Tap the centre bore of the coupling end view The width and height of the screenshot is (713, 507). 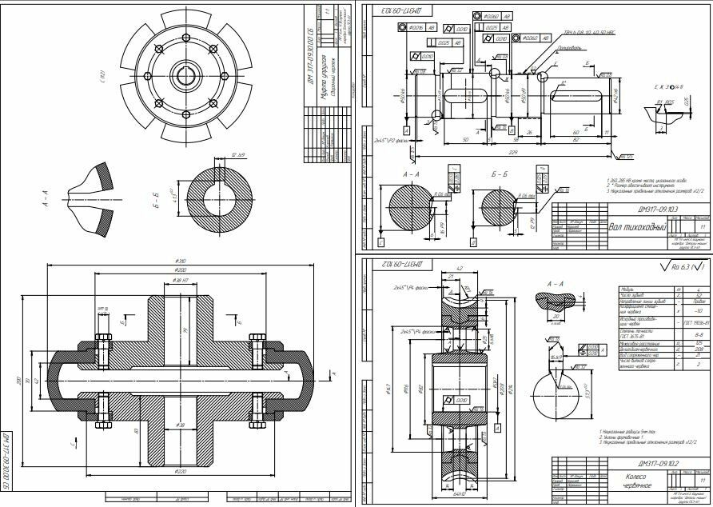(186, 76)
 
